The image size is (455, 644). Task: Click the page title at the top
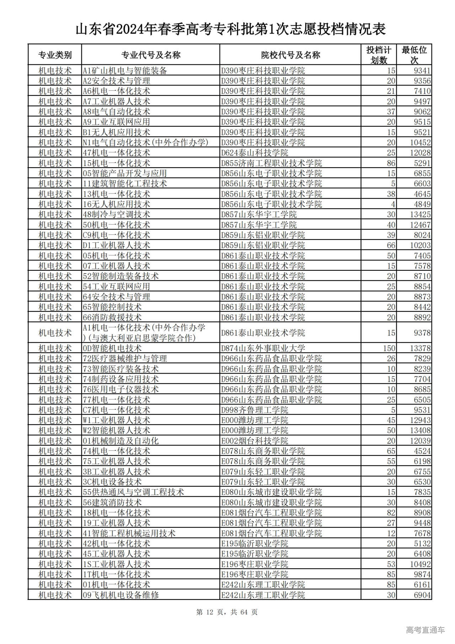(x=230, y=30)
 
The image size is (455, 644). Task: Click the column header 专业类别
(x=55, y=55)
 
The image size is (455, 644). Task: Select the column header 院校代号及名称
(x=290, y=55)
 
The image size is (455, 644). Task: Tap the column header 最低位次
(x=414, y=55)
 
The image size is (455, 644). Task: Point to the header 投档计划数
(x=379, y=55)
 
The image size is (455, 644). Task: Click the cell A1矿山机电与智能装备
(x=125, y=70)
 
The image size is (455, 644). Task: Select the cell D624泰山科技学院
(x=255, y=153)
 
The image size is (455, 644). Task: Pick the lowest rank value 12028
(x=420, y=153)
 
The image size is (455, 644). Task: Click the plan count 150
(x=389, y=348)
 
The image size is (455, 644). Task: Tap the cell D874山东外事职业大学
(x=263, y=348)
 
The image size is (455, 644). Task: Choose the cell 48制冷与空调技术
(x=116, y=215)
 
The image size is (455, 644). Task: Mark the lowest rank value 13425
(x=420, y=215)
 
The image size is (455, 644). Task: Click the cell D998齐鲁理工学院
(x=255, y=410)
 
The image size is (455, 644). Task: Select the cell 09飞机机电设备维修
(x=121, y=595)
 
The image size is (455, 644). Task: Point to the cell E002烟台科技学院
(x=255, y=441)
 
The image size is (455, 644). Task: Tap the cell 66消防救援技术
(x=112, y=317)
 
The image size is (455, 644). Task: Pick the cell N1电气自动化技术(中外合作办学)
(x=145, y=143)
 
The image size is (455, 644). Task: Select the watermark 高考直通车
(x=425, y=630)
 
